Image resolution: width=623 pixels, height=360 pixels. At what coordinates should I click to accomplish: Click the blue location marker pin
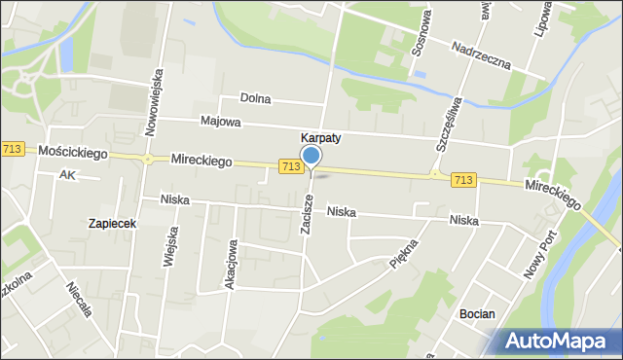311,157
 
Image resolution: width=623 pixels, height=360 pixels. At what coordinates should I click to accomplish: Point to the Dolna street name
257,99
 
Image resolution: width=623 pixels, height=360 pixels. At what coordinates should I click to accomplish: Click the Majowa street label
220,124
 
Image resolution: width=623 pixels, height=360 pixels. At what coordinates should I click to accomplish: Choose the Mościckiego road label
73,152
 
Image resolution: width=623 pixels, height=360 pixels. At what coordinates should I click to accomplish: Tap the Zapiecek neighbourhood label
111,223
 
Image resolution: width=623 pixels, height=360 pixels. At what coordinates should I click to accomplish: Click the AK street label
66,175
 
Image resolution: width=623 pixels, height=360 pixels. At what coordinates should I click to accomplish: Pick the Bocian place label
477,314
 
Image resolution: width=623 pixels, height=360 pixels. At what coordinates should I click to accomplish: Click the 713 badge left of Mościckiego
12,148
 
